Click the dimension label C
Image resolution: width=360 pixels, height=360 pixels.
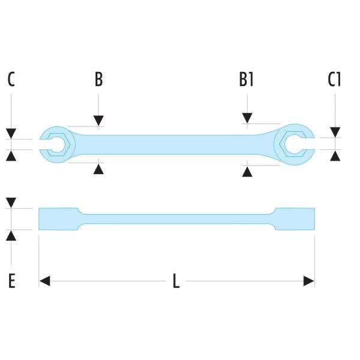coord(11,79)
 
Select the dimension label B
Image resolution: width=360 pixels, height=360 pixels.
coord(99,79)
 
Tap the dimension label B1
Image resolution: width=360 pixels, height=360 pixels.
coord(246,79)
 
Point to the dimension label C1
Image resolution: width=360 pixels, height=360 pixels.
coord(335,79)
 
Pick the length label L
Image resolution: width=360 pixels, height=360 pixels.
coord(176,281)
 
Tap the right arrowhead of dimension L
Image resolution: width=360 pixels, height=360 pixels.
coord(309,281)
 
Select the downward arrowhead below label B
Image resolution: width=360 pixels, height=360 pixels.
coord(99,121)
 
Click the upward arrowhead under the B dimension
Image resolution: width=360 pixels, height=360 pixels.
coord(99,169)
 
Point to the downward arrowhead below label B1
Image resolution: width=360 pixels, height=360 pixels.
coord(246,118)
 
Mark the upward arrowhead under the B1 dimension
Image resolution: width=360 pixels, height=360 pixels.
coord(246,172)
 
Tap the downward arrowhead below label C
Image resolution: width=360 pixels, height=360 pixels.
coord(11,133)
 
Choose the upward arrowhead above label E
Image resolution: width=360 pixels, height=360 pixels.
coord(11,235)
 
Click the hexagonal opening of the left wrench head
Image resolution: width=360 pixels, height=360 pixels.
coord(58,145)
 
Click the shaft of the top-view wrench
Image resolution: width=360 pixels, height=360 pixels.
coord(174,145)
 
